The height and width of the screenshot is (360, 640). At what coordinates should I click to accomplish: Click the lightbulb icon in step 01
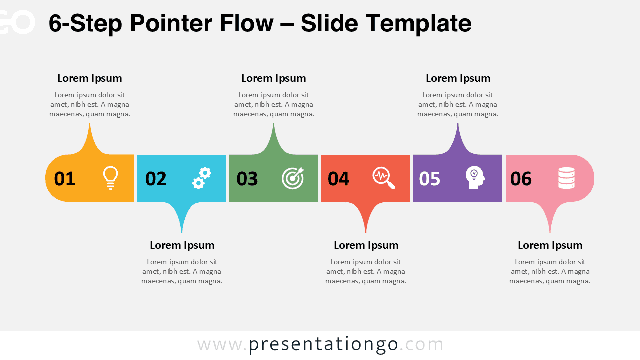[110, 178]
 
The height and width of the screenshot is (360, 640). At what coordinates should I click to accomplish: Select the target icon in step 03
[293, 178]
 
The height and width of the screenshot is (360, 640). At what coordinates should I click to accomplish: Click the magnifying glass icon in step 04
[384, 178]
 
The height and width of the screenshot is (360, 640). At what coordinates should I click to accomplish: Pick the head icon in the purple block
[475, 178]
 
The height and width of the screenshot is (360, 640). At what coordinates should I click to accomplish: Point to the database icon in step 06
[566, 178]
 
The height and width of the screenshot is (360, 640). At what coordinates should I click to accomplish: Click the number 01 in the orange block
[65, 179]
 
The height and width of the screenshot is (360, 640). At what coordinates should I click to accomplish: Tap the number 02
[156, 179]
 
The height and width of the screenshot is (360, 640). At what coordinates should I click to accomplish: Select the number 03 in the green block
[247, 179]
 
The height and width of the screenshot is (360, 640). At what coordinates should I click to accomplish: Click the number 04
[338, 179]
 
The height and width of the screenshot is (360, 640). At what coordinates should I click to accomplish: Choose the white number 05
[430, 179]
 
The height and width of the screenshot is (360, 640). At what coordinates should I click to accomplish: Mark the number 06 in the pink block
[521, 179]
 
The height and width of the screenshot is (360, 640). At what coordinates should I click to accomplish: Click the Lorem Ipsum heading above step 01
[90, 78]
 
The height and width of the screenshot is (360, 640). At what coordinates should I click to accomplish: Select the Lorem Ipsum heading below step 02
[182, 245]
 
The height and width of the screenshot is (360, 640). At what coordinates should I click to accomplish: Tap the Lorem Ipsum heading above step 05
[458, 78]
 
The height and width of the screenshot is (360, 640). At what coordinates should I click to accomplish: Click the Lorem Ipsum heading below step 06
[550, 245]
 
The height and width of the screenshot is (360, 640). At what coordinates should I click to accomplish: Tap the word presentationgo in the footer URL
[323, 344]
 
